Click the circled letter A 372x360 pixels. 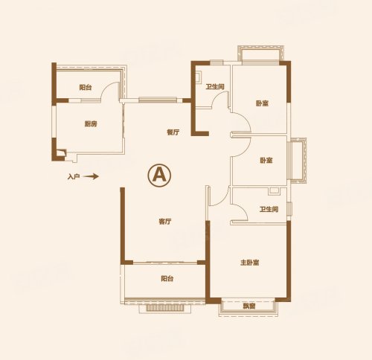pyautogui.click(x=159, y=175)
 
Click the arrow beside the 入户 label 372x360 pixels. pyautogui.click(x=91, y=176)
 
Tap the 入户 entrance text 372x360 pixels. pyautogui.click(x=74, y=177)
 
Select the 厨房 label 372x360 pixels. pyautogui.click(x=91, y=123)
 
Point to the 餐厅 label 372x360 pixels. pyautogui.click(x=173, y=132)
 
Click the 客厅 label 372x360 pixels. pyautogui.click(x=165, y=222)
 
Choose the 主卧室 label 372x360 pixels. pyautogui.click(x=250, y=263)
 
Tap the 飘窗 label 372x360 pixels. pyautogui.click(x=249, y=306)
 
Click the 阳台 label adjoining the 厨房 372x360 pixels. pyautogui.click(x=86, y=87)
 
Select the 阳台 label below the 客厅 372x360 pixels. pyautogui.click(x=167, y=278)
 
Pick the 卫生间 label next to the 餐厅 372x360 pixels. pyautogui.click(x=215, y=86)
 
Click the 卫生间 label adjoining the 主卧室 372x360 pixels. pyautogui.click(x=269, y=209)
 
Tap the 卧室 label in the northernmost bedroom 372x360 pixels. pyautogui.click(x=263, y=103)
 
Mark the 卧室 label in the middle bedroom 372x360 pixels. pyautogui.click(x=266, y=161)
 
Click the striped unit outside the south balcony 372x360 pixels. pyautogui.click(x=165, y=308)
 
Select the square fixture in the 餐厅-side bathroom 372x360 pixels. pyautogui.click(x=199, y=77)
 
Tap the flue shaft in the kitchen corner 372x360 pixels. pyautogui.click(x=61, y=152)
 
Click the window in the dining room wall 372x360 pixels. pyautogui.click(x=158, y=100)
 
